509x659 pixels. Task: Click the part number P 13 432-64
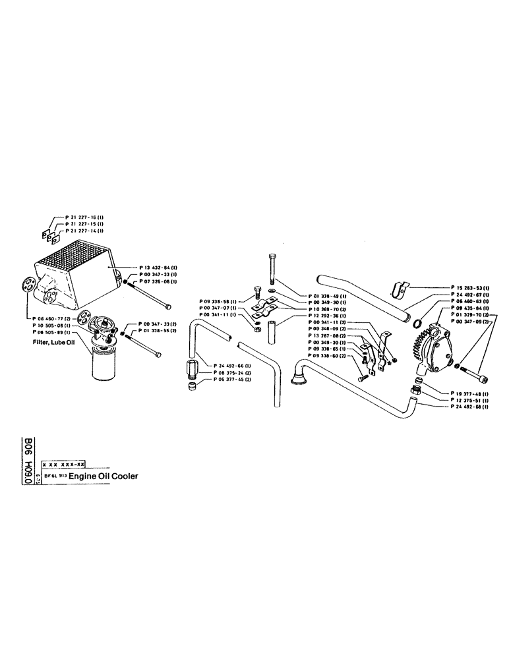click(x=157, y=267)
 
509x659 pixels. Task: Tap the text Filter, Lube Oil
click(x=54, y=343)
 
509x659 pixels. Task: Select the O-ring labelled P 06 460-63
click(x=416, y=323)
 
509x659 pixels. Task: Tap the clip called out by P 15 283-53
click(x=399, y=288)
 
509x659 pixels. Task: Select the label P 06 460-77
click(x=52, y=318)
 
